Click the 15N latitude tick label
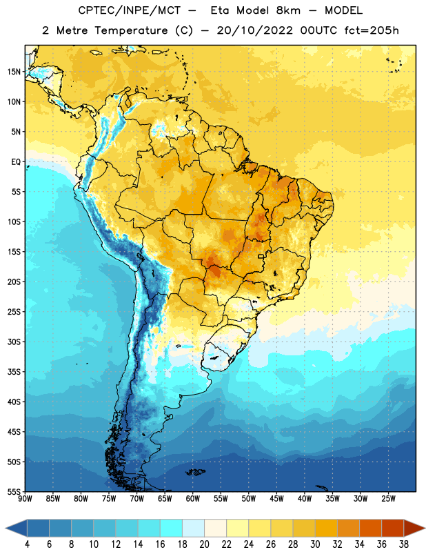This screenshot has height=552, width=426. click(x=14, y=72)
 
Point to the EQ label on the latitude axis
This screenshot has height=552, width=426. click(x=16, y=162)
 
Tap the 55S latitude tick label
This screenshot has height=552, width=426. click(x=14, y=491)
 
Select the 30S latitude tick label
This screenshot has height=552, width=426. click(x=14, y=342)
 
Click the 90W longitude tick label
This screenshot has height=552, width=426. click(x=25, y=499)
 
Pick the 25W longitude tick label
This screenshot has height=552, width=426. click(x=388, y=499)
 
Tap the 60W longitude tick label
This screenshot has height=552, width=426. click(x=193, y=499)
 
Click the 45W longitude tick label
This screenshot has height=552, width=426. click(x=276, y=499)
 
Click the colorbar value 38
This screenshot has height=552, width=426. click(x=404, y=544)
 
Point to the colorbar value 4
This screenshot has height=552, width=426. click(x=28, y=544)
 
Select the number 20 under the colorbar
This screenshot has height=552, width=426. click(x=204, y=544)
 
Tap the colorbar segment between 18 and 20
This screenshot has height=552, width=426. click(x=193, y=529)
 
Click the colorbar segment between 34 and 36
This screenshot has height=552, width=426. click(x=370, y=529)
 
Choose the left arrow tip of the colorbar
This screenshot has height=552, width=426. click(x=6, y=529)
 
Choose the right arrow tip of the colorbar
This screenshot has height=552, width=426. click(x=425, y=529)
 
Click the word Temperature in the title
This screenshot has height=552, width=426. click(x=131, y=30)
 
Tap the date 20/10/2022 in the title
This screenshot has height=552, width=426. click(x=254, y=30)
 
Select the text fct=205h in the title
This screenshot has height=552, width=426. click(x=372, y=30)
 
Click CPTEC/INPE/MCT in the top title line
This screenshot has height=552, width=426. click(x=130, y=10)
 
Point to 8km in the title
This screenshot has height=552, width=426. click(x=288, y=10)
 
